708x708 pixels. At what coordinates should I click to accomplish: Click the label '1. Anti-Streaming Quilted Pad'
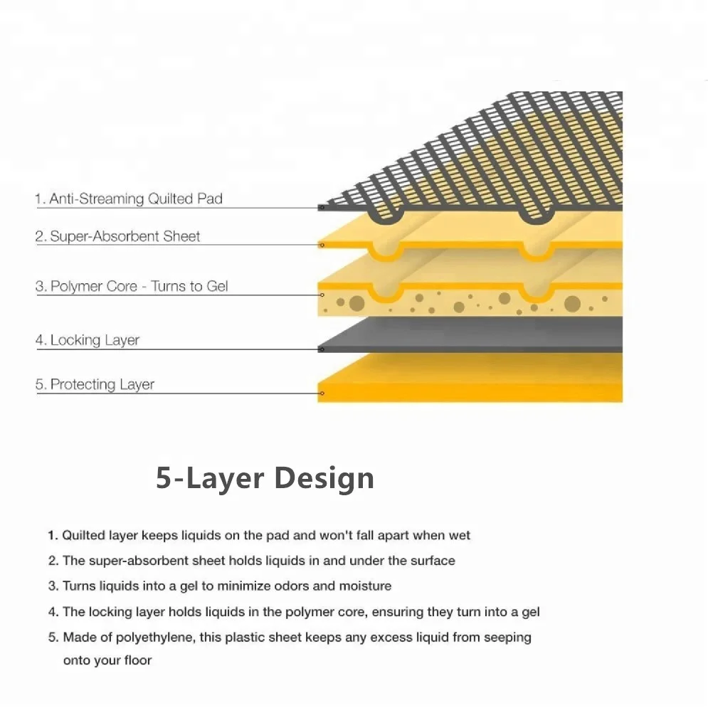[x=129, y=199]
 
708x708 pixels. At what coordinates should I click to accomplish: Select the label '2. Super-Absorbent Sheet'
[x=118, y=236]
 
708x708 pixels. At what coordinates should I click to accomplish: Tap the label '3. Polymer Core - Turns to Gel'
[x=132, y=287]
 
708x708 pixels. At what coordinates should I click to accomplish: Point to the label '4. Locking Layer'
[x=88, y=340]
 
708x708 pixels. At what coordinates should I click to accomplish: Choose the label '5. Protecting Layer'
[x=95, y=384]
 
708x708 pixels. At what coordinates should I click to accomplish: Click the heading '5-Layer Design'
[x=265, y=477]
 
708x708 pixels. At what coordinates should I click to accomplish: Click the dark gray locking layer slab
[x=470, y=334]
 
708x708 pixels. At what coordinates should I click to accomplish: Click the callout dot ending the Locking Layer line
[x=322, y=349]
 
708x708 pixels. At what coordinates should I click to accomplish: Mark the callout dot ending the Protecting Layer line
[x=322, y=393]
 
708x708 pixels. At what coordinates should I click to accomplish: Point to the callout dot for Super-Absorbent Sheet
[x=322, y=245]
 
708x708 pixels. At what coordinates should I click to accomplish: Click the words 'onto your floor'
[x=107, y=660]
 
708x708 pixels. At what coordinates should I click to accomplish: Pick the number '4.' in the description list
[x=53, y=612]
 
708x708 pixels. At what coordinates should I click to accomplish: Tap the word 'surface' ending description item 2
[x=431, y=561]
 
